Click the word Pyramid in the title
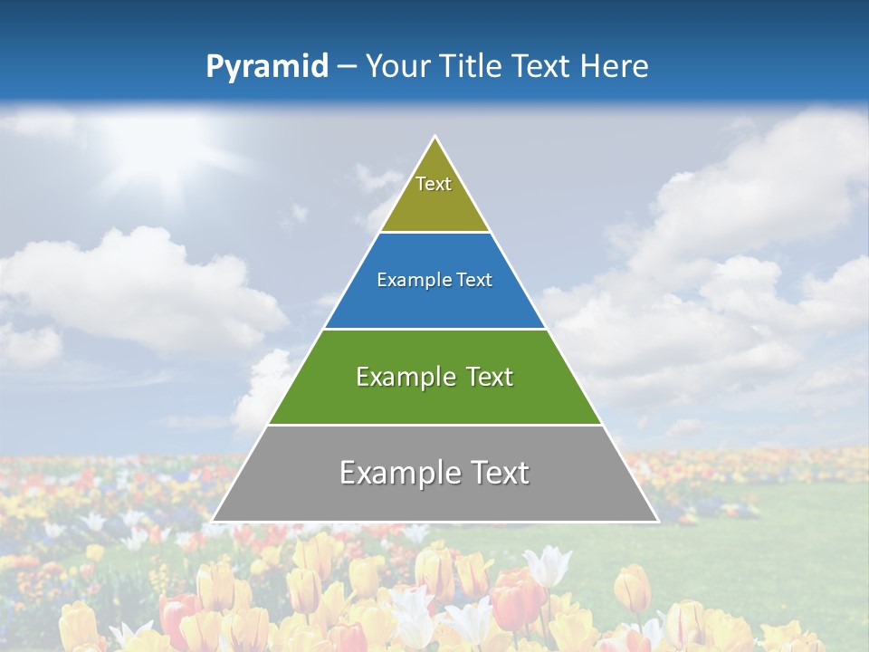tap(267, 67)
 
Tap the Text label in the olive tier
tap(434, 184)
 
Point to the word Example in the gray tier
tap(396, 473)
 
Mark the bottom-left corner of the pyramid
tap(213, 521)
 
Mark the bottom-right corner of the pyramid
tap(657, 521)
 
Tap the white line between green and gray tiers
tap(434, 425)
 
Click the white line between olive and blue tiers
tap(434, 233)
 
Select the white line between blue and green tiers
tap(434, 329)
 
